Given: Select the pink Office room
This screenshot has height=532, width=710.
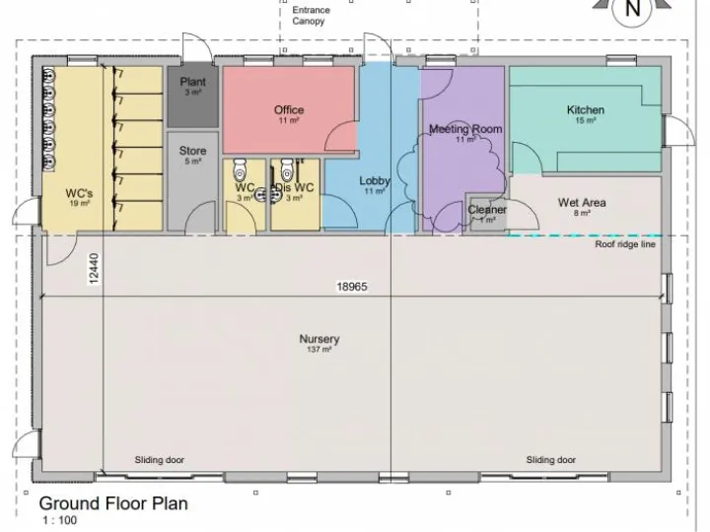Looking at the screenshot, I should coord(288,110).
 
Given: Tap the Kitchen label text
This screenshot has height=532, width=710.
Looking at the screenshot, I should coord(585,110).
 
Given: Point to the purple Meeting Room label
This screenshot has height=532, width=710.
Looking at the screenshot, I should coord(464,130).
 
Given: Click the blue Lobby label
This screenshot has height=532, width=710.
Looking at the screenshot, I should coord(375,181).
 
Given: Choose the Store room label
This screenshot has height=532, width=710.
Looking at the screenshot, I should coord(192,152).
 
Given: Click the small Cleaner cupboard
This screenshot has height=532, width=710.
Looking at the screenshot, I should coord(486,210).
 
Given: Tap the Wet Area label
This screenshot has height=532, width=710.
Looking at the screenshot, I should coord(582,203).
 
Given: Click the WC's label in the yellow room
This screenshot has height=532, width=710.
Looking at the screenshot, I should coord(80,192).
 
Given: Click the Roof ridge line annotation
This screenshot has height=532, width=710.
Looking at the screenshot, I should coord(624,245).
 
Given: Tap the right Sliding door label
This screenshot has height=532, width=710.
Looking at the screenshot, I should coord(550,460).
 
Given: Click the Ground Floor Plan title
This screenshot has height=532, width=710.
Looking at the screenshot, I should coord(112,503).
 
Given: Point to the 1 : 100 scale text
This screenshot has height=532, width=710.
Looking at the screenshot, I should coord(58,520).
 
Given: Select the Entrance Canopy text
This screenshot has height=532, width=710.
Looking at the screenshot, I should coord(312,16).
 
